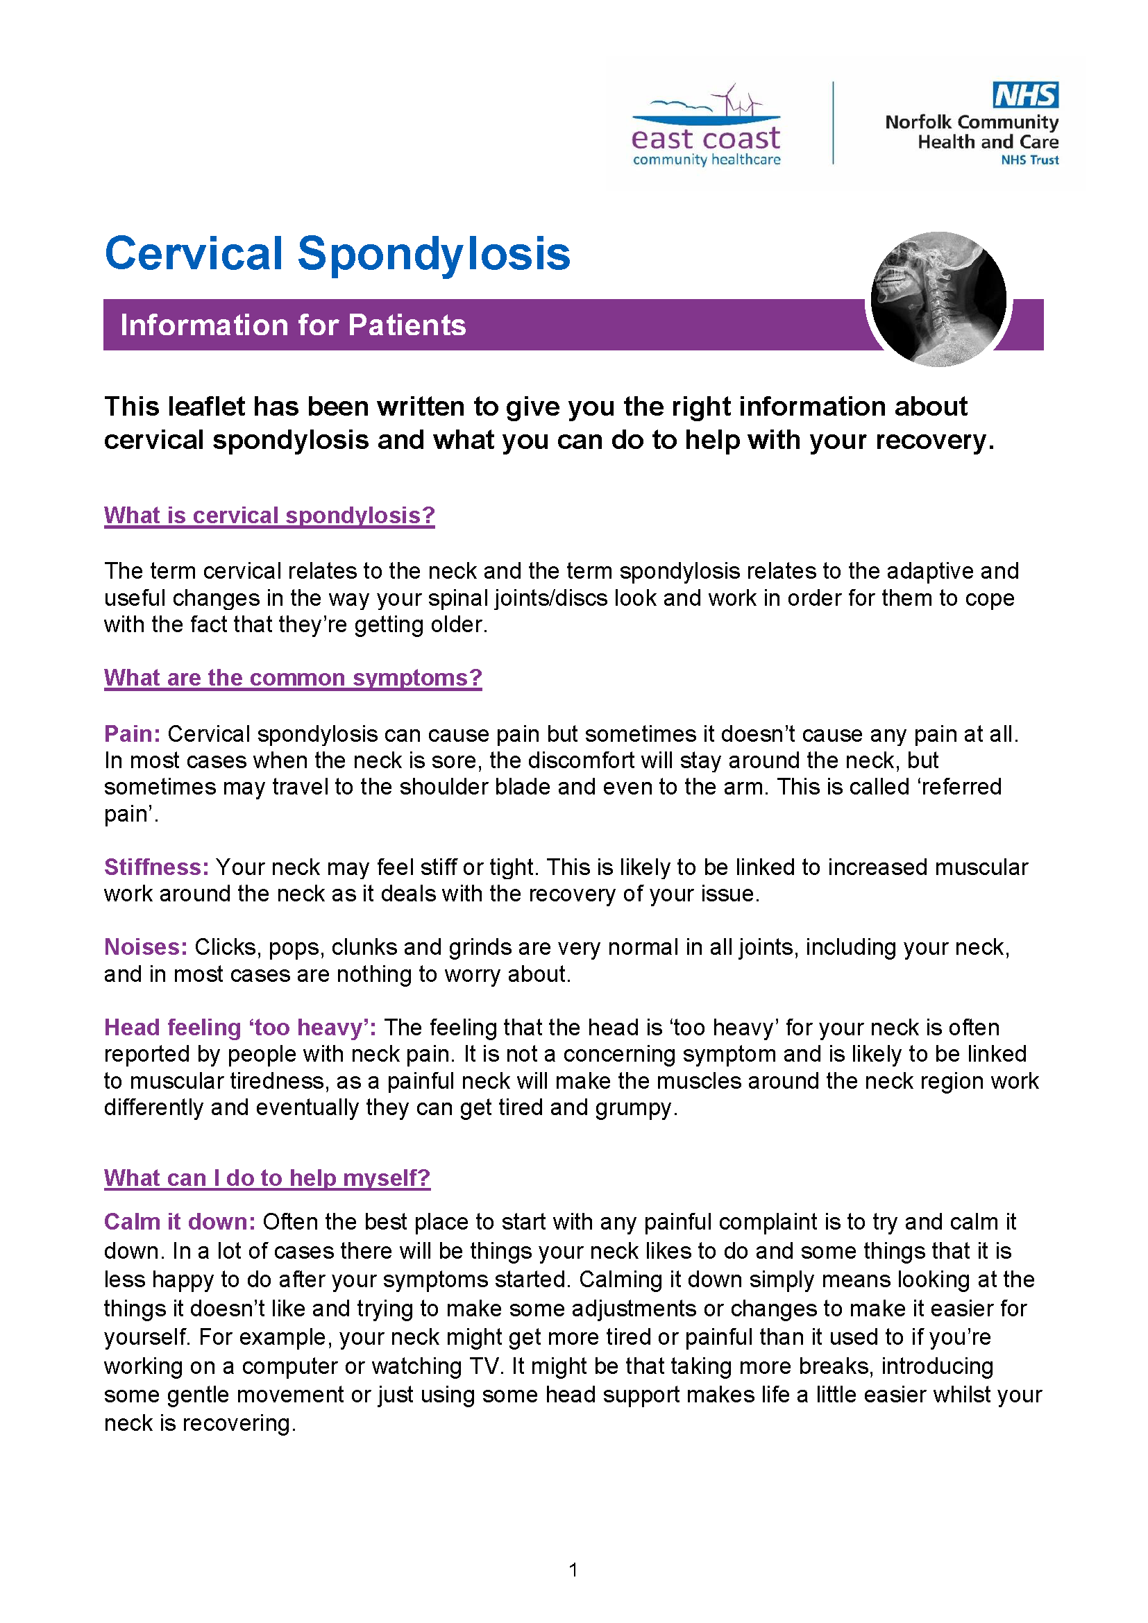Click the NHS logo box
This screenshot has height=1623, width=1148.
1025,95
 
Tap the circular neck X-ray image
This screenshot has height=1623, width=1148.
938,299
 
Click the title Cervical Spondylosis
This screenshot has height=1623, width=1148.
337,254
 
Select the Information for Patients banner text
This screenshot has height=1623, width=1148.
293,325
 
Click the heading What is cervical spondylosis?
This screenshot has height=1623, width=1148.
269,516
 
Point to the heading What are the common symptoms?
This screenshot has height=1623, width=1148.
293,677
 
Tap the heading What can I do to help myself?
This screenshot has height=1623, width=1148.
267,1178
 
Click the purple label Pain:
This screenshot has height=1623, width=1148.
132,733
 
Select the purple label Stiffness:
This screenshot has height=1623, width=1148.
156,867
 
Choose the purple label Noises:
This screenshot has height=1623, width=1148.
146,947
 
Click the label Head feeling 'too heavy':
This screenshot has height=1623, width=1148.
239,1027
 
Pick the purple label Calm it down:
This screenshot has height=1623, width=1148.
180,1222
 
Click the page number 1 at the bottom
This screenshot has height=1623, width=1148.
573,1570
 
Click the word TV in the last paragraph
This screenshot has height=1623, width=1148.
485,1366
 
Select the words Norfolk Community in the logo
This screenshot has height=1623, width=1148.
971,122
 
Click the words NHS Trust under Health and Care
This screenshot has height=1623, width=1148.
1029,160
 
